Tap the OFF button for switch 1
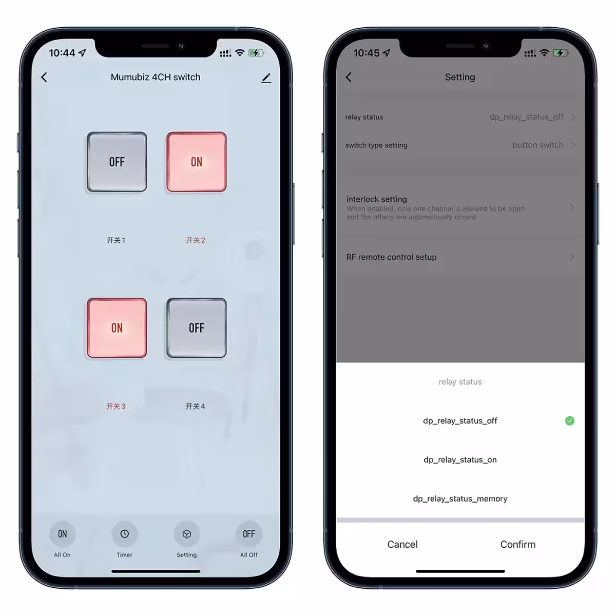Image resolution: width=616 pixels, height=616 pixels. [117, 162]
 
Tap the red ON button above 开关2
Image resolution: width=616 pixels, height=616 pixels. [196, 162]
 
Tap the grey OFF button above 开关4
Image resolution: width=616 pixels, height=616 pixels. [196, 328]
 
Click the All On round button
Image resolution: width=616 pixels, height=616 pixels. [62, 534]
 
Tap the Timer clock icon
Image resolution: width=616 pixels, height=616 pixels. [124, 534]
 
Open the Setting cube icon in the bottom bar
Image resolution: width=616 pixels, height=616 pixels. [186, 534]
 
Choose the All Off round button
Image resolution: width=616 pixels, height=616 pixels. [249, 534]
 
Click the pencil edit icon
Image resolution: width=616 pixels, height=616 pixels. [266, 78]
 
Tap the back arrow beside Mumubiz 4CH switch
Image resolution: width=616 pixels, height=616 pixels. [44, 77]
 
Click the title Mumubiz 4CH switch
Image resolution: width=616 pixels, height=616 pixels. [156, 77]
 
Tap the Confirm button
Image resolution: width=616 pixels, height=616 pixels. [517, 544]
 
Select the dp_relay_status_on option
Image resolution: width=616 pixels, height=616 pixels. [460, 459]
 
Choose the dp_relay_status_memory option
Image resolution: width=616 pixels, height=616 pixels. [460, 498]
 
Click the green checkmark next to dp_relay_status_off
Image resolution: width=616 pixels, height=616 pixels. [569, 421]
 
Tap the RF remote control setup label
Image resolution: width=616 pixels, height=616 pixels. [391, 257]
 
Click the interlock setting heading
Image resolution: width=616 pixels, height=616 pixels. [376, 199]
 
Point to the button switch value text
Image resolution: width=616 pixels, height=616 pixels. [537, 145]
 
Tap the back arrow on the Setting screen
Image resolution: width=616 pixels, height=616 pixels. [349, 77]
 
